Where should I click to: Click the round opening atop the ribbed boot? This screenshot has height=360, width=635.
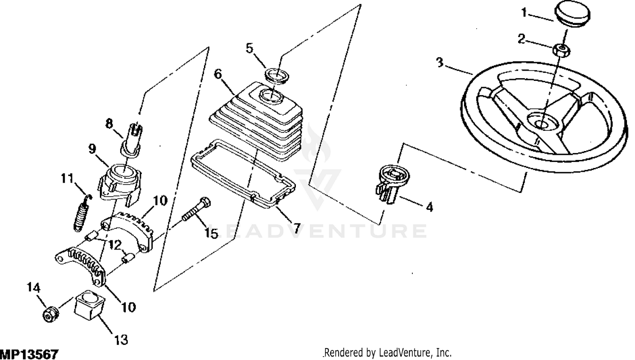pyautogui.click(x=272, y=95)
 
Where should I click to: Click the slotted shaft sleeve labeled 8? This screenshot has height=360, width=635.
pyautogui.click(x=132, y=139)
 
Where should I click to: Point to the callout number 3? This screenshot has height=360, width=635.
pyautogui.click(x=440, y=63)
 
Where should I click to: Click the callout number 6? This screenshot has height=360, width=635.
pyautogui.click(x=218, y=74)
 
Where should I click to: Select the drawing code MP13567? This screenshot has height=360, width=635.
pyautogui.click(x=29, y=354)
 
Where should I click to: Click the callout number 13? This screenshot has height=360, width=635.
pyautogui.click(x=121, y=340)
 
